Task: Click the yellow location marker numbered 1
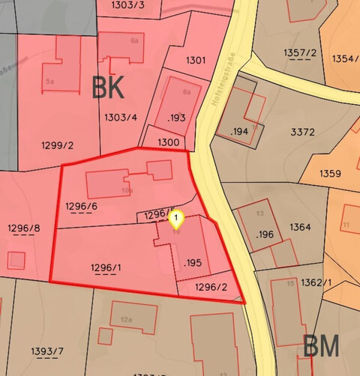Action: [x=175, y=219]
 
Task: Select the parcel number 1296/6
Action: [x=81, y=206]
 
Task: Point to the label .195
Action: [x=193, y=262]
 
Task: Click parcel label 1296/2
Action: [x=211, y=286]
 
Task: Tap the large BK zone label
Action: [x=108, y=88]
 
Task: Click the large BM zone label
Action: [x=320, y=346]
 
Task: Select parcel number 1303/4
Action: [x=121, y=117]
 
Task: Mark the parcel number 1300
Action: [x=169, y=142]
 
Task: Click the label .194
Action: [x=239, y=132]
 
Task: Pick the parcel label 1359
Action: [x=330, y=174]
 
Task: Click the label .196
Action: [x=264, y=234]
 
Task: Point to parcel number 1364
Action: [x=300, y=226]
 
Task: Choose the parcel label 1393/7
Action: [x=49, y=351]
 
